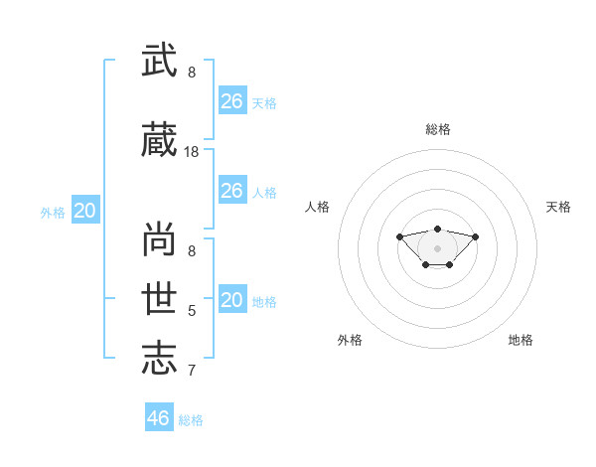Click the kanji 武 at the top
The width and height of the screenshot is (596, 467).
(x=159, y=60)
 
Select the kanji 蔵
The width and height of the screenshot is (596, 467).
(x=159, y=139)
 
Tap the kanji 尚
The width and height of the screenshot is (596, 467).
(x=159, y=238)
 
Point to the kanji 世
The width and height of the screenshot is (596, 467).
(x=159, y=298)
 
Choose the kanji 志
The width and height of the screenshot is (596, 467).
(x=159, y=358)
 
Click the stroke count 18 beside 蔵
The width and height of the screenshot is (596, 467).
(x=191, y=152)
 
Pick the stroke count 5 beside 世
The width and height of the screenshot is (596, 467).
(x=192, y=311)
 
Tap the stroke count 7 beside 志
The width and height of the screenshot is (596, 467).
(x=192, y=371)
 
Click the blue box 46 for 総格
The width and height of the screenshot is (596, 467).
(x=159, y=416)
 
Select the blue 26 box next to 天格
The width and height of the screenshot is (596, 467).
(x=232, y=100)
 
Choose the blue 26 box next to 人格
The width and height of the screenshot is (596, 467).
(x=232, y=190)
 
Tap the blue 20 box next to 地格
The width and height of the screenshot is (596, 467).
(x=232, y=298)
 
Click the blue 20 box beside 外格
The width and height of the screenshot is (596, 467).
(x=85, y=210)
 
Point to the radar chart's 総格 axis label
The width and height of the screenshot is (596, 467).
(x=438, y=129)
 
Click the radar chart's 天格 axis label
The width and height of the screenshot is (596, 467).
(x=558, y=207)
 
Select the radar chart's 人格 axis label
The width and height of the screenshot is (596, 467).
(x=317, y=207)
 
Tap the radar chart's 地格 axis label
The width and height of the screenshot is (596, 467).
(x=521, y=340)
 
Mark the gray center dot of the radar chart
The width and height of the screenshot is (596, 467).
(x=437, y=248)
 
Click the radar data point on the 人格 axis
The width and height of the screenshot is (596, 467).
(x=399, y=236)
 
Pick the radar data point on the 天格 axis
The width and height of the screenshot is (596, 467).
(x=475, y=236)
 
